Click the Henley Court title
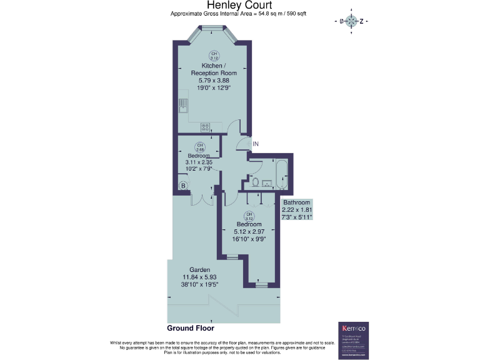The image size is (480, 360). click(x=239, y=6)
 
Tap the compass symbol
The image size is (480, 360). click(x=352, y=21)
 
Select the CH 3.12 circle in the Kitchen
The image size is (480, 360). click(x=214, y=56)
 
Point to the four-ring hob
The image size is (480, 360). click(x=205, y=127)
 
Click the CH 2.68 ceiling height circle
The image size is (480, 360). click(x=199, y=147)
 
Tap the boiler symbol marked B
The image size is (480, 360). click(x=183, y=185)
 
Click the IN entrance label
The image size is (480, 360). click(x=255, y=144)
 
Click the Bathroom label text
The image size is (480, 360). click(x=296, y=202)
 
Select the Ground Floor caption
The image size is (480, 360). click(x=190, y=327)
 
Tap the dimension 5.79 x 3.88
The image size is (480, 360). click(x=214, y=81)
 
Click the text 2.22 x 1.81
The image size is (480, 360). click(x=297, y=210)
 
